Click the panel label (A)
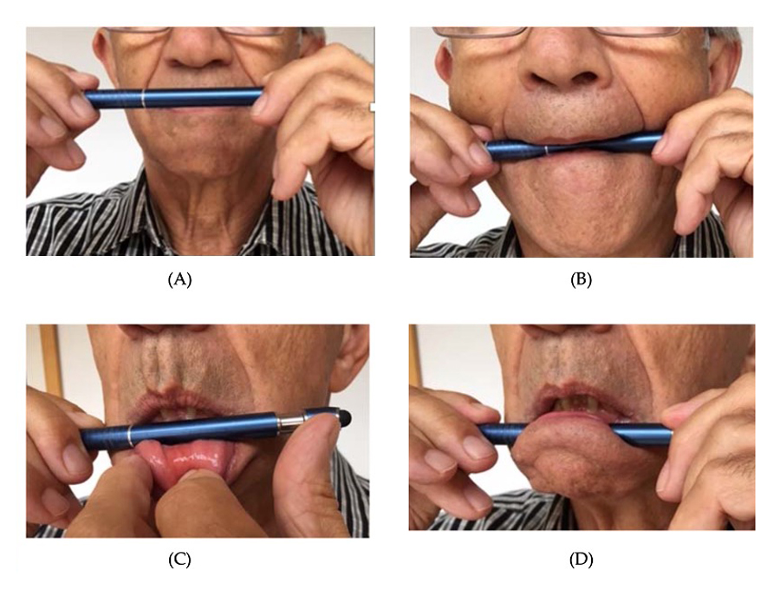pos(179,279)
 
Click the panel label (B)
pos(581,279)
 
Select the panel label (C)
pos(179,560)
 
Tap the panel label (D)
pos(581,560)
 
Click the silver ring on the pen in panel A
pos(143,98)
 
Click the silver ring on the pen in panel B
pos(547,151)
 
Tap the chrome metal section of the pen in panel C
pos(289,422)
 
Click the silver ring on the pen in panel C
pos(130,436)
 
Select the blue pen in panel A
pos(174,97)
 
